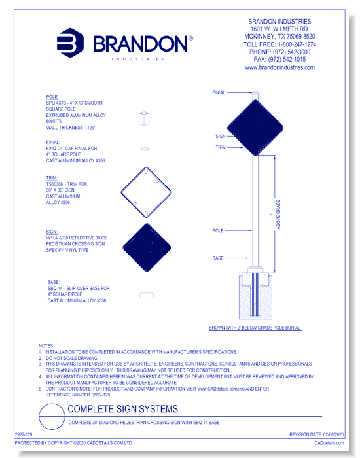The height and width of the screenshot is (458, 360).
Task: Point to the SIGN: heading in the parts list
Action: coord(52,231)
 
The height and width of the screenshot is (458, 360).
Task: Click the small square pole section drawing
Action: coord(145,118)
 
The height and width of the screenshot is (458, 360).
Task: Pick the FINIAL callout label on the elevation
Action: coord(219,93)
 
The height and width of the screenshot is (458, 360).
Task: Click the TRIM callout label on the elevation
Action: coord(221,148)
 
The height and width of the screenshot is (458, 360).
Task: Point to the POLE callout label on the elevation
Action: coord(219,230)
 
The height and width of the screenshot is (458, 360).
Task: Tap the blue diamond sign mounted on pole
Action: coord(256,124)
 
